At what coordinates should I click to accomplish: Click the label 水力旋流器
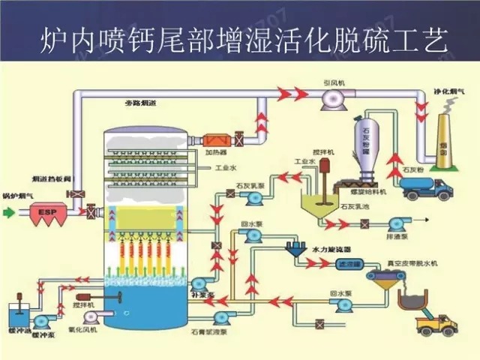tap(331, 247)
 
